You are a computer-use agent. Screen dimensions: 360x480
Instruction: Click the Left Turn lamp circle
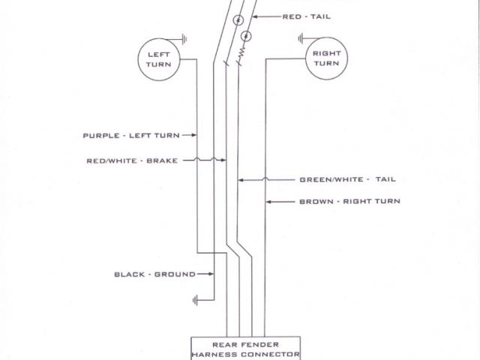point(158,59)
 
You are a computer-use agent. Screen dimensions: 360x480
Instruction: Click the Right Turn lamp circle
point(326,59)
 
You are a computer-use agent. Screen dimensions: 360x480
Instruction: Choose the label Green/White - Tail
point(347,180)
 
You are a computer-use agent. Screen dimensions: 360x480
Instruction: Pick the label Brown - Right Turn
point(349,202)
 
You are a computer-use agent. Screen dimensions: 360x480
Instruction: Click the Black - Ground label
point(154,274)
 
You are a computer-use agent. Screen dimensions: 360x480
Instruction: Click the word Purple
point(100,136)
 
